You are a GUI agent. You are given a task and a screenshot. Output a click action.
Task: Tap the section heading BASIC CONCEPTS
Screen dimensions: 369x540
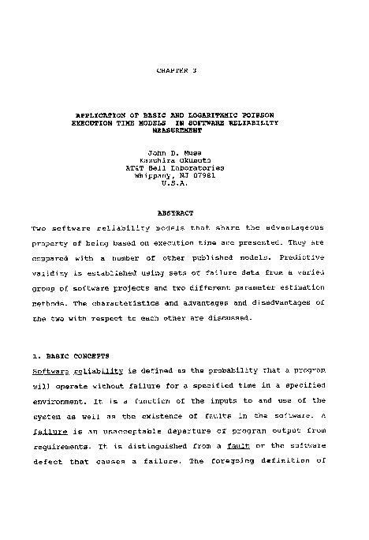tap(80, 355)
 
